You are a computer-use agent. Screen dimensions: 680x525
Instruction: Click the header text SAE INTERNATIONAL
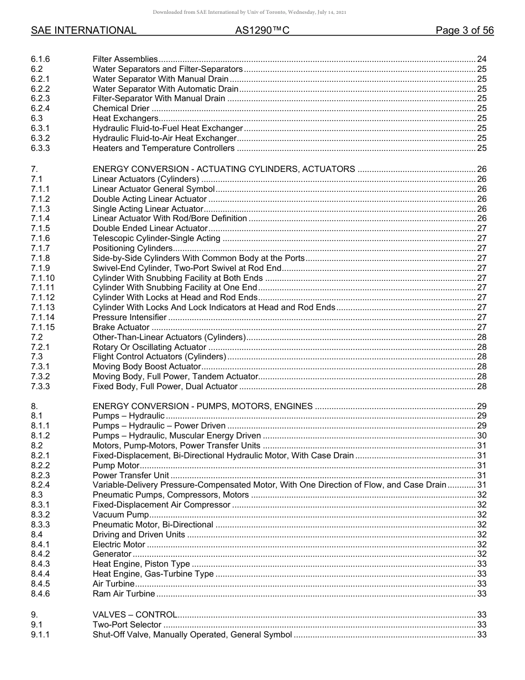coord(83,31)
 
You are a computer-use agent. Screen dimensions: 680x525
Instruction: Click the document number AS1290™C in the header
coord(262,31)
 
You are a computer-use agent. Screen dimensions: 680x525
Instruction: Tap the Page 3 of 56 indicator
coord(464,31)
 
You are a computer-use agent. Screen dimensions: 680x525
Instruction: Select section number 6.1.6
coord(40,59)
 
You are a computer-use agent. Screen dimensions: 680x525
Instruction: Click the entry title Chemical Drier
coord(121,108)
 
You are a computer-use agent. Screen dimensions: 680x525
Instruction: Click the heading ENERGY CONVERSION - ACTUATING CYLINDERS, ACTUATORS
coord(224,169)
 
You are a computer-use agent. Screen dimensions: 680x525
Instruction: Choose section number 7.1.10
coord(43,278)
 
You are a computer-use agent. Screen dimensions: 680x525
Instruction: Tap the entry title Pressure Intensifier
coord(129,317)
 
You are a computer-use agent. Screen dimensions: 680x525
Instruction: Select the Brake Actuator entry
coord(121,327)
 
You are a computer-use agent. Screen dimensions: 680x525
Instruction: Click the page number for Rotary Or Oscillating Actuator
coord(481,347)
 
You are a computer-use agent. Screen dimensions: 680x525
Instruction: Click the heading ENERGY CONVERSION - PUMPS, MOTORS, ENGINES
coord(202,406)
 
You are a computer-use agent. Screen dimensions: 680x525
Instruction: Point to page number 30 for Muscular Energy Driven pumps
coord(481,436)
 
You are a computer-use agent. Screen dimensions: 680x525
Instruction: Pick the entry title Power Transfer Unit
coord(131,475)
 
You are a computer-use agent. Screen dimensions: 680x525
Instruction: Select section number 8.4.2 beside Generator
coord(40,554)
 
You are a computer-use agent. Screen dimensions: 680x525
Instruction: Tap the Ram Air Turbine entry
coord(124,594)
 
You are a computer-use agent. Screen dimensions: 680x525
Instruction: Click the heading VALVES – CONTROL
coord(135,615)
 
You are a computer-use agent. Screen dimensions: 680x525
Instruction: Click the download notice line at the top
coord(262,12)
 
